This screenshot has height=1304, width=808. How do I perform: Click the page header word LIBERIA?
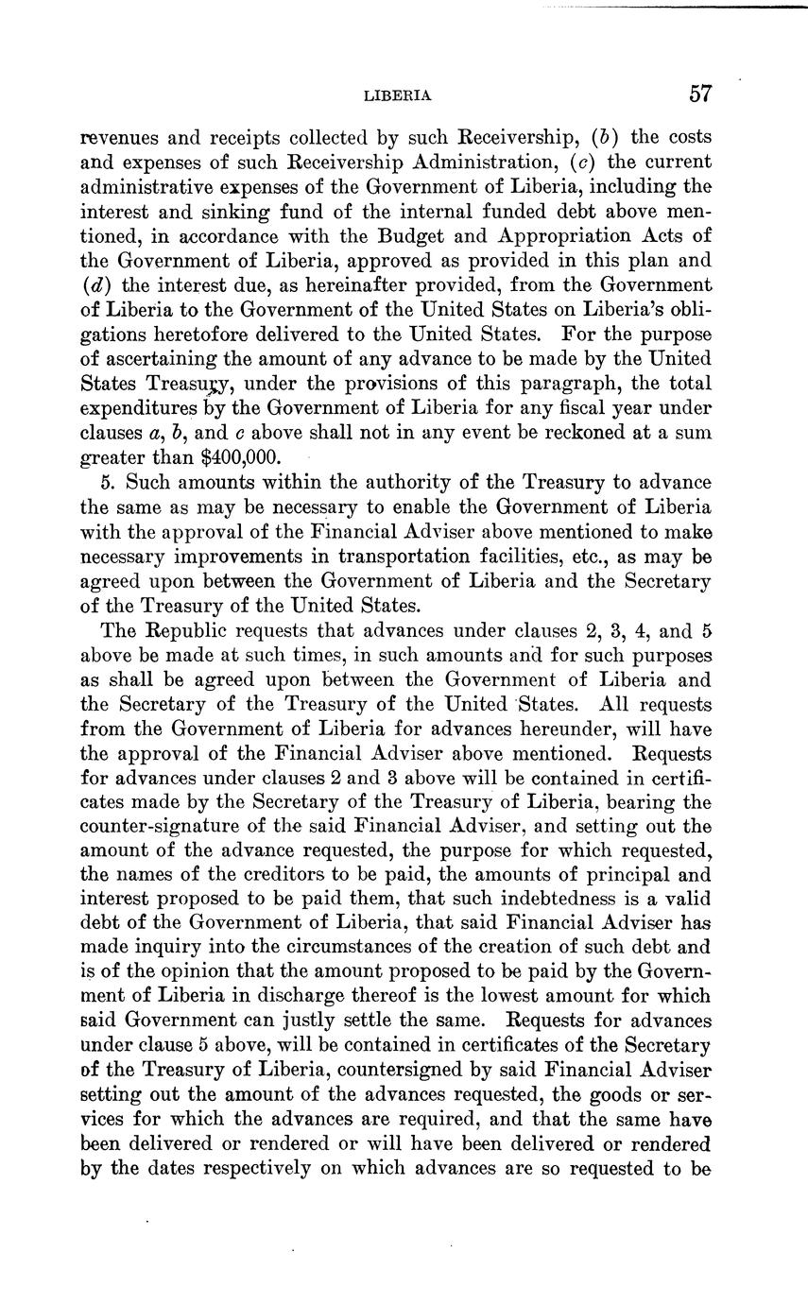398,95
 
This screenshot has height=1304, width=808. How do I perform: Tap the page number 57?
699,94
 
